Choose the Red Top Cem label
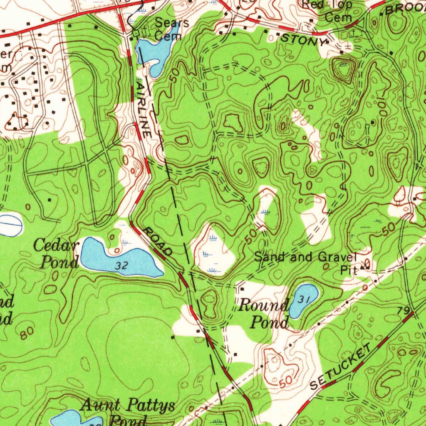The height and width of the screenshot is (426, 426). click(332, 11)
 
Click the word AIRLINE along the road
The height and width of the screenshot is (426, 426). click(143, 109)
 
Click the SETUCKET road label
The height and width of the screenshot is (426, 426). click(340, 368)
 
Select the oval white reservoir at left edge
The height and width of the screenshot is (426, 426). click(9, 225)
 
